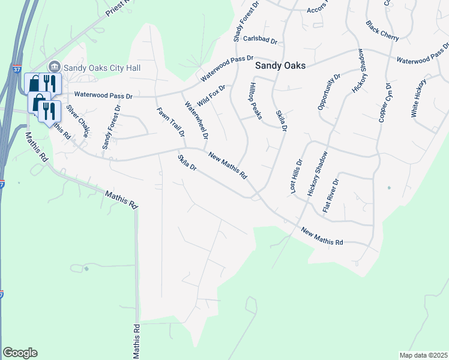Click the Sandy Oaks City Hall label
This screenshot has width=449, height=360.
click(x=102, y=68)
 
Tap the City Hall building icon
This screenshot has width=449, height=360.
click(x=54, y=67)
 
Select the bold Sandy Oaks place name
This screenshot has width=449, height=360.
click(x=280, y=65)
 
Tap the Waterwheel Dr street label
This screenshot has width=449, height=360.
click(x=196, y=120)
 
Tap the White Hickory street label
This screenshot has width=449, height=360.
click(x=419, y=97)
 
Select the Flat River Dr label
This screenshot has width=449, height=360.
click(x=331, y=196)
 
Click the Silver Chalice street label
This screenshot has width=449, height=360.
click(x=77, y=121)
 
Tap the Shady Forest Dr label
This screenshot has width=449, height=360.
click(x=238, y=21)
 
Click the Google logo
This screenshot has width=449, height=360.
click(x=20, y=353)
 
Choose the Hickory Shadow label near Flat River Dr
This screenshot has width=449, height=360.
click(x=318, y=173)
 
